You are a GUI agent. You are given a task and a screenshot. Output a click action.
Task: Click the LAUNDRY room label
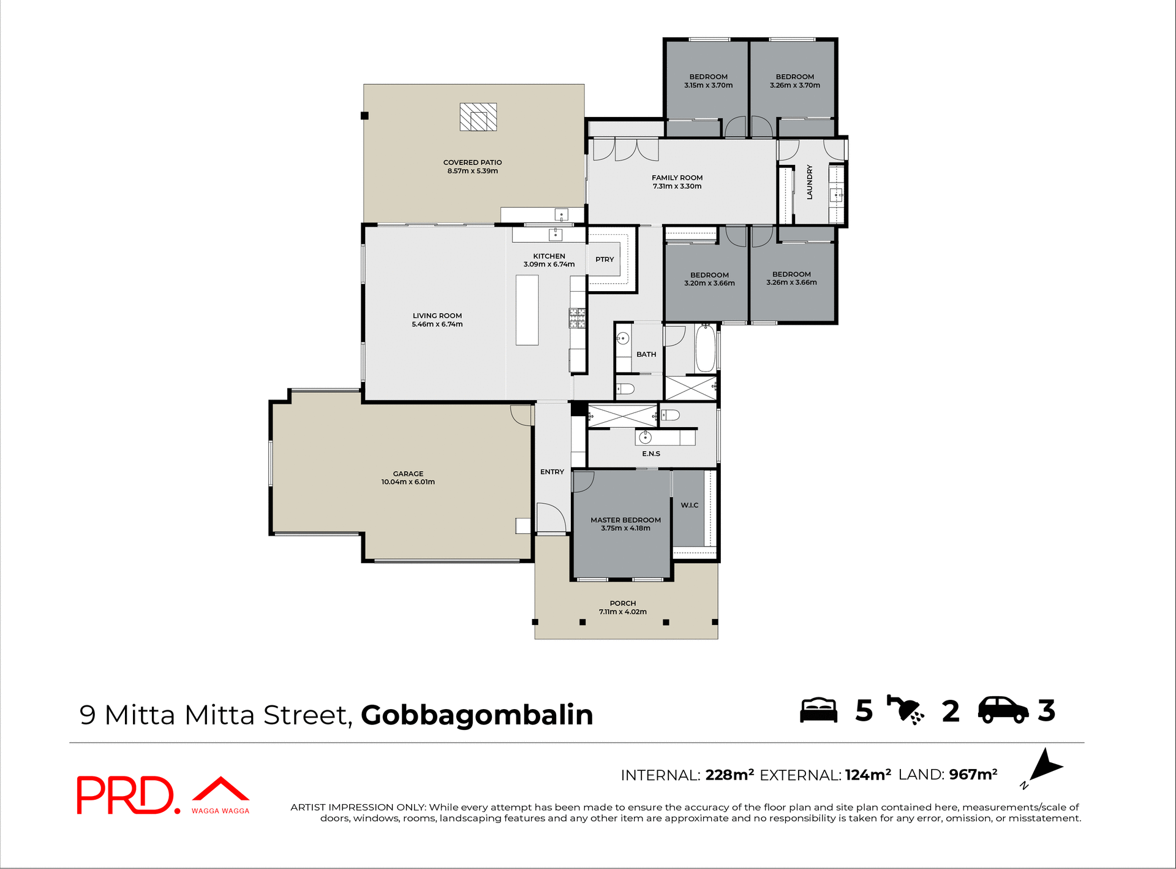(x=809, y=182)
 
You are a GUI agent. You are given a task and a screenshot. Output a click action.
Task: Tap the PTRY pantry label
(x=605, y=260)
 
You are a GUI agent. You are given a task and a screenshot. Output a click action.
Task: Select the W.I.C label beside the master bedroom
(x=689, y=506)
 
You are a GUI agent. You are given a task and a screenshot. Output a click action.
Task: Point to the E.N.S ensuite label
(x=651, y=454)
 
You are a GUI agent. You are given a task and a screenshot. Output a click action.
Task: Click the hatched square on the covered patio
(x=478, y=117)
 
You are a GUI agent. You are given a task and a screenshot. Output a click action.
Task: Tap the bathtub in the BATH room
(x=705, y=348)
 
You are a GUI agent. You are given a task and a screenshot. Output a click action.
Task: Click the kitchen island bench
(x=527, y=310)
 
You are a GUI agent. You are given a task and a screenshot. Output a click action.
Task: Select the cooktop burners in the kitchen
(x=577, y=317)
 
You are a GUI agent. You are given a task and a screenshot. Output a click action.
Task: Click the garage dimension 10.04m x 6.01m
(x=408, y=482)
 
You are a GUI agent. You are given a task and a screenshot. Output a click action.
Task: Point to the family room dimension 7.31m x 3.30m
(x=677, y=186)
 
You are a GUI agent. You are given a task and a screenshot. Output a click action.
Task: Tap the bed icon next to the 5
(x=818, y=710)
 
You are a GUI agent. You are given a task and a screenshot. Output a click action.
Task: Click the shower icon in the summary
(x=905, y=710)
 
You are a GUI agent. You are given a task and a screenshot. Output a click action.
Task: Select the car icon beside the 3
(x=1003, y=710)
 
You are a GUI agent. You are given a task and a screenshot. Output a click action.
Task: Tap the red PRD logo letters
(x=126, y=795)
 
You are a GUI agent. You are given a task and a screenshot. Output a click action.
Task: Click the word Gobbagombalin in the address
(x=477, y=715)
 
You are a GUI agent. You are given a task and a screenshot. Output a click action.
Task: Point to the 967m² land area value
(x=973, y=775)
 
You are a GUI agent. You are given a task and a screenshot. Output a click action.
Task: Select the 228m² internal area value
(x=729, y=775)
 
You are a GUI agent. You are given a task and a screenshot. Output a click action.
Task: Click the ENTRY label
(x=552, y=472)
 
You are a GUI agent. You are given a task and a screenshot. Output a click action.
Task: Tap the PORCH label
(x=622, y=604)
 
